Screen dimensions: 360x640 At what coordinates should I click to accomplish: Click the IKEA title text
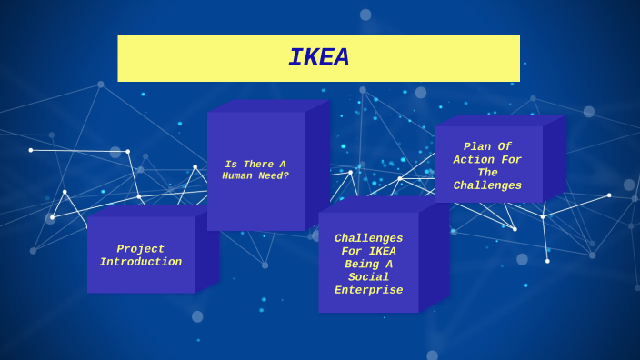click(x=318, y=58)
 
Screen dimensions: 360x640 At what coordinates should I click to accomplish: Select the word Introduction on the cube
click(x=141, y=263)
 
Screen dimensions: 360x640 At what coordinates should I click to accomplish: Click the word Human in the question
click(x=240, y=176)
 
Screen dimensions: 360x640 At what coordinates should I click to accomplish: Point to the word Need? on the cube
click(x=274, y=176)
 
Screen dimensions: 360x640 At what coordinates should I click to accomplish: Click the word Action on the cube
click(x=475, y=160)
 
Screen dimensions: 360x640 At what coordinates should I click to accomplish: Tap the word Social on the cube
click(x=368, y=277)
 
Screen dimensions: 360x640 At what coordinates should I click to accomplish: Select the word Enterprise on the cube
click(x=368, y=291)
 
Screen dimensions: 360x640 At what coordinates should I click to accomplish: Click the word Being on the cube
click(x=368, y=265)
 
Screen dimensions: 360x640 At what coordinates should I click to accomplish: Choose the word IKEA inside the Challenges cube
click(x=383, y=252)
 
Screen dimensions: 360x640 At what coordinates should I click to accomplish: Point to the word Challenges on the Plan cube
click(x=487, y=186)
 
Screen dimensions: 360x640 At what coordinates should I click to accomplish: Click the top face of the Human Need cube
click(x=269, y=105)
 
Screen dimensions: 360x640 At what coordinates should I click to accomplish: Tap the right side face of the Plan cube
click(x=555, y=159)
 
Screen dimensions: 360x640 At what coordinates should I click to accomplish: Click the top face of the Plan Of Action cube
click(x=500, y=120)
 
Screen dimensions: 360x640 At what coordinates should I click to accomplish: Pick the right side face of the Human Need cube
click(x=317, y=164)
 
